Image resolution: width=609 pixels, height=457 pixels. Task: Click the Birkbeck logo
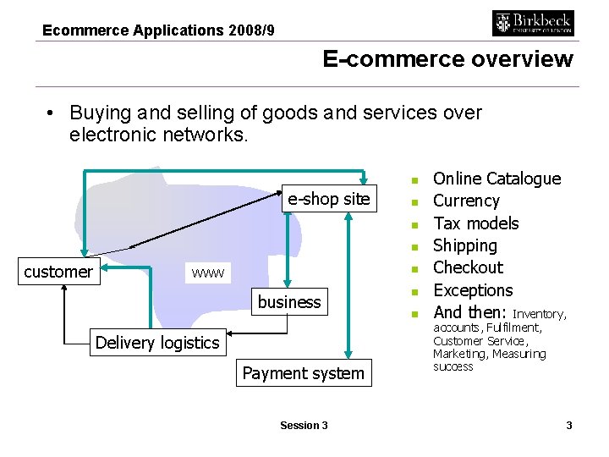point(533,23)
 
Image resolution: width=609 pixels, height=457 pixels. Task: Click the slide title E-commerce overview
point(447,59)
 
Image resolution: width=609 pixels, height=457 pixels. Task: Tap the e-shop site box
point(328,199)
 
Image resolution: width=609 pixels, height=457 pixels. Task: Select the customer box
point(58,272)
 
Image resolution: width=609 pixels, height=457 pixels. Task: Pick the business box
point(289,302)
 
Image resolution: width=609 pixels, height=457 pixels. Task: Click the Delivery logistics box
point(157,343)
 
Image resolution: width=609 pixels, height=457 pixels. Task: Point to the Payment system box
point(303,373)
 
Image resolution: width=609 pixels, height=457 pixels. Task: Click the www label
point(207,273)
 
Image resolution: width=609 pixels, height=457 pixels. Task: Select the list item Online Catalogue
point(497,179)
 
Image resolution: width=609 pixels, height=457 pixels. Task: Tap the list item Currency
point(466,201)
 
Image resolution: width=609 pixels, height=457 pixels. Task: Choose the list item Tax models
point(475,223)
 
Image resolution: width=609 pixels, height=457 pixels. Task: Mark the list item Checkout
point(468,267)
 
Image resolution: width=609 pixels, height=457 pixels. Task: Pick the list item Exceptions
point(473,290)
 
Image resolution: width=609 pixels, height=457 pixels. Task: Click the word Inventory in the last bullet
point(539,314)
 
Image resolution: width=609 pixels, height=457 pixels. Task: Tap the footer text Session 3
point(304,425)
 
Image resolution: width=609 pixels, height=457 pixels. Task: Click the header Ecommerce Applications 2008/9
point(158,30)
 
